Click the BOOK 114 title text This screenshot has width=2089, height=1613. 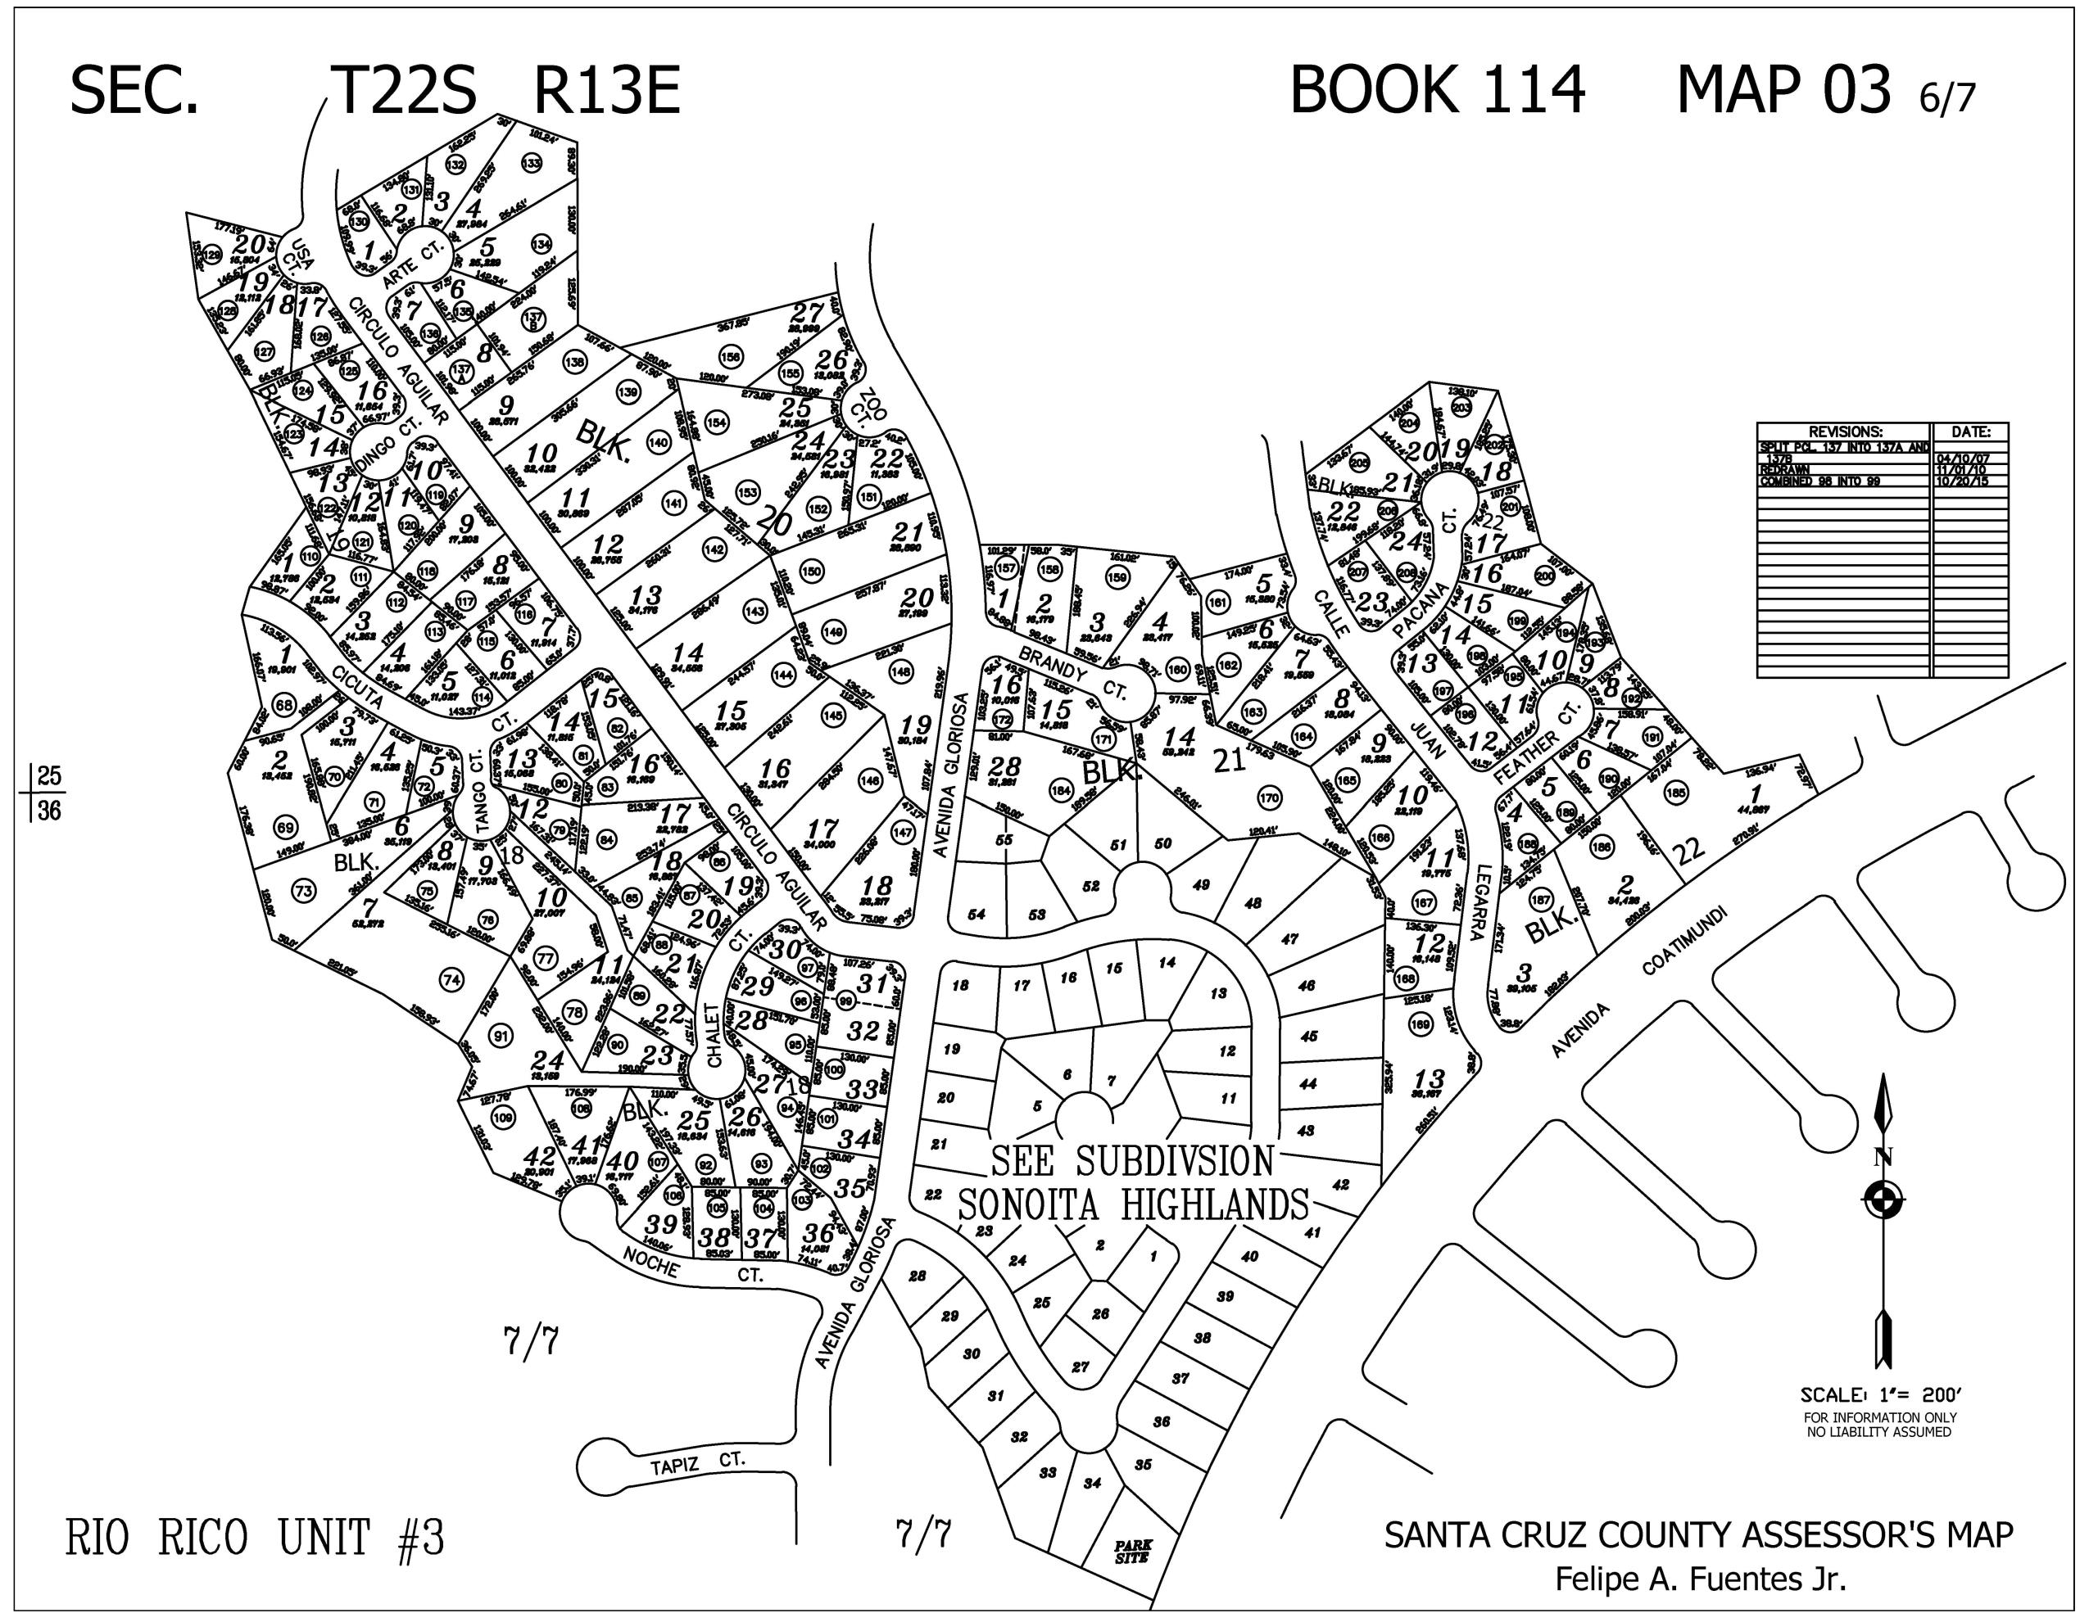click(1437, 91)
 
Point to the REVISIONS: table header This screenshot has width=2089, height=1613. click(1844, 432)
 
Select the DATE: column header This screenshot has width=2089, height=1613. click(1970, 432)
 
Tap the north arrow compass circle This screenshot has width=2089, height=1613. click(1883, 1198)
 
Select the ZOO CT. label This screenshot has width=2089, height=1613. click(870, 405)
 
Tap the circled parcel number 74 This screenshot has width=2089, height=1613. click(451, 980)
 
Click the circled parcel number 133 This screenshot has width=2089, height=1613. click(532, 164)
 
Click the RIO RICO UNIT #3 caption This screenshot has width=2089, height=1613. click(255, 1538)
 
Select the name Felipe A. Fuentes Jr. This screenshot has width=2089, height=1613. click(1700, 1579)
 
